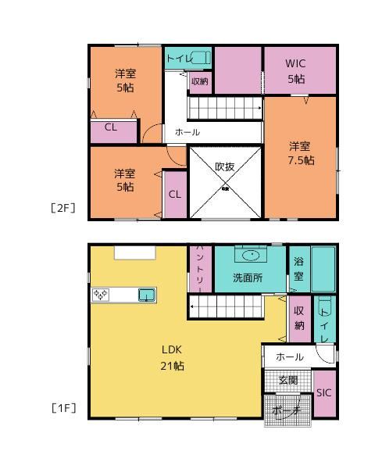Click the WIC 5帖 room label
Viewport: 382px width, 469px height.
click(x=295, y=71)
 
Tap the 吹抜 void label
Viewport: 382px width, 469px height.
click(x=225, y=166)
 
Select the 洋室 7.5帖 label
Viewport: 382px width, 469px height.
click(x=301, y=153)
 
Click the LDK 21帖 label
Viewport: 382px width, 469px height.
click(x=172, y=358)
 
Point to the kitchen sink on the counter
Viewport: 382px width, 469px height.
click(x=147, y=295)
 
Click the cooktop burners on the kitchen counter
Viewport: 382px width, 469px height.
click(x=101, y=295)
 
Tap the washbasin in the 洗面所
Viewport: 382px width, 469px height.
click(x=251, y=256)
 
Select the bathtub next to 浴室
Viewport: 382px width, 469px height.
click(x=323, y=269)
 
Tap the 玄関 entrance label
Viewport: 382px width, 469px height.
click(x=288, y=380)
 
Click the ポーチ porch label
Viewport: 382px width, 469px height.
click(x=286, y=410)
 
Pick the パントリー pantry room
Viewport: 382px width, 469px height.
click(x=200, y=269)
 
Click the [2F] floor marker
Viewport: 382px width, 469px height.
click(x=63, y=208)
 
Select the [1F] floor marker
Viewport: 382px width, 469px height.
click(x=63, y=408)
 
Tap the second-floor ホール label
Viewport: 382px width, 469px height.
click(x=187, y=132)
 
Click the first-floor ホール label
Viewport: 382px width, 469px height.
click(x=290, y=357)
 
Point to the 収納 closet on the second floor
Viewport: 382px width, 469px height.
click(x=200, y=82)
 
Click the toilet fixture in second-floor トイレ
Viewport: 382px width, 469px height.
click(x=200, y=58)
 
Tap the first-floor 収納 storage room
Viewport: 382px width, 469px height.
click(x=300, y=319)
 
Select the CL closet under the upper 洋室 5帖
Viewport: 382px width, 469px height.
click(x=113, y=131)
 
